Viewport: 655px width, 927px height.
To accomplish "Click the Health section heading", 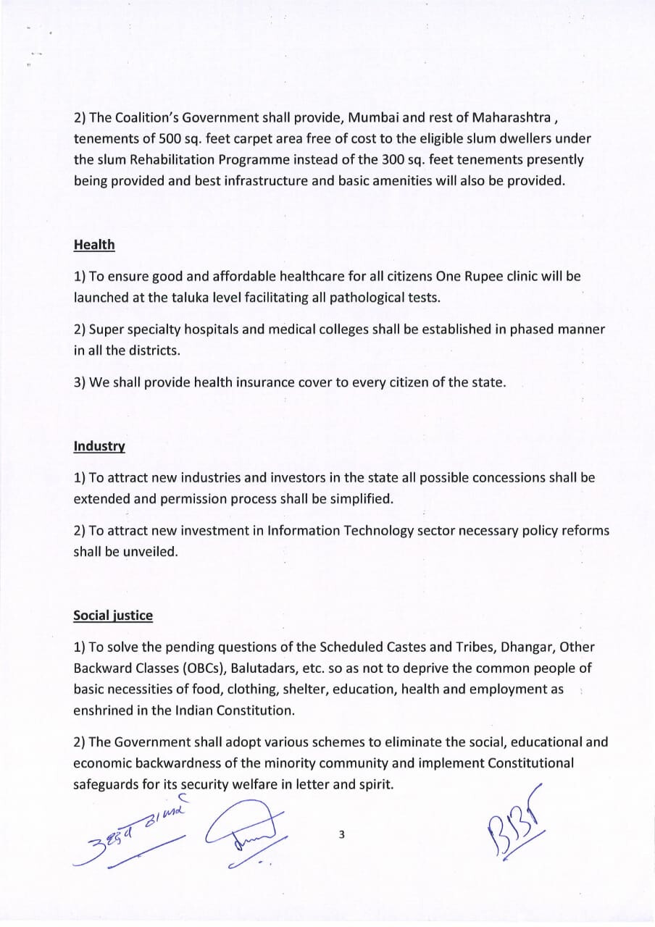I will pyautogui.click(x=94, y=245).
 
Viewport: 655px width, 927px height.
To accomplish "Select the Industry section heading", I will pyautogui.click(x=99, y=446).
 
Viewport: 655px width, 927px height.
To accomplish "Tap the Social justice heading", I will pyautogui.click(x=113, y=616).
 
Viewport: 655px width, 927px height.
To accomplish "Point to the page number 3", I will pyautogui.click(x=341, y=835).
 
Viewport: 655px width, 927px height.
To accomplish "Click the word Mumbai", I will pyautogui.click(x=371, y=118).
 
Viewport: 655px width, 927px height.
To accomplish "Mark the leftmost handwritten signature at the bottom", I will pyautogui.click(x=134, y=833).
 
